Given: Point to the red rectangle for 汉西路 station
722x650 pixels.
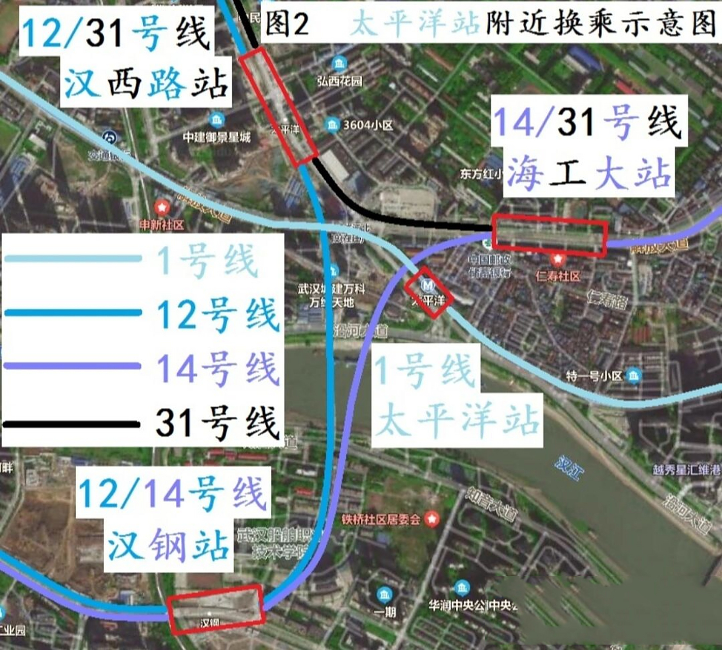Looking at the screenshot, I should (278, 107).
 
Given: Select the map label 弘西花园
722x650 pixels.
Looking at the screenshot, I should (339, 81).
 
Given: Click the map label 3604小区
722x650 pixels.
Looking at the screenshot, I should (368, 125).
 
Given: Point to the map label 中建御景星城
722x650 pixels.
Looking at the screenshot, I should (217, 137).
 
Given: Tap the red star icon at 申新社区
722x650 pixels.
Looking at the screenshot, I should (162, 207).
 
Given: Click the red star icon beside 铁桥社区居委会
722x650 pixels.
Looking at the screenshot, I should (432, 519).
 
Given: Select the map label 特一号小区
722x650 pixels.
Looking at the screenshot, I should (594, 376).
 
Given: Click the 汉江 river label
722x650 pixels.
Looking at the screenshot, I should (570, 468).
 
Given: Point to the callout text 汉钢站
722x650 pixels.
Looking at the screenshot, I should (168, 545).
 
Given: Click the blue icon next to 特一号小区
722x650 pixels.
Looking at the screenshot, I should (634, 376).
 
